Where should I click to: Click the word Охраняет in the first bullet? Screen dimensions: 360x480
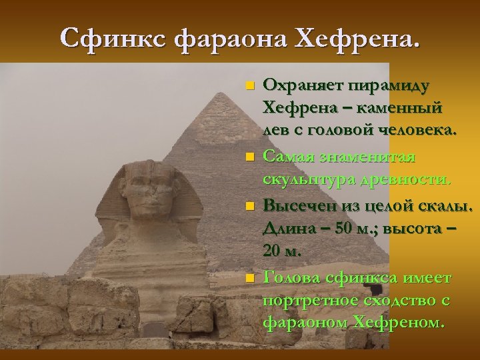(302, 86)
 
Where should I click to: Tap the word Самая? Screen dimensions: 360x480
(287, 157)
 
